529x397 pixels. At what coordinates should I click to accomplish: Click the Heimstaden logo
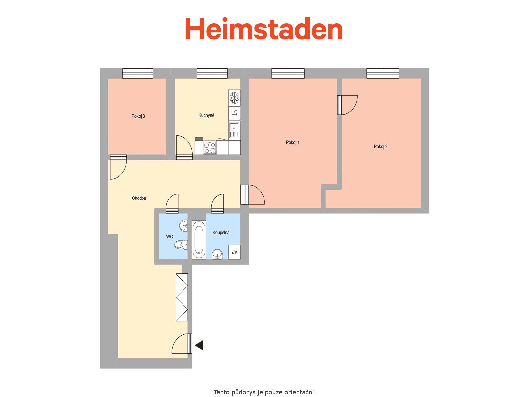click(264, 28)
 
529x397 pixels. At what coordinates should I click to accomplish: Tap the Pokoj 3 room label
click(138, 116)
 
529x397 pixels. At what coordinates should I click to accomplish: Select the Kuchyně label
click(206, 115)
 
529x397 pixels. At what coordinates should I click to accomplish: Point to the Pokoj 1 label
click(292, 142)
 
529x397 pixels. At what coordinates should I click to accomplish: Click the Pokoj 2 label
click(380, 146)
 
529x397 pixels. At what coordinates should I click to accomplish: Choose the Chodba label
click(139, 198)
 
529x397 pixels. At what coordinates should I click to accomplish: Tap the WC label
click(169, 237)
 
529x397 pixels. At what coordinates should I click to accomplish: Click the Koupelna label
click(221, 232)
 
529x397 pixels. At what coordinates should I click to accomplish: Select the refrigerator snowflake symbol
click(234, 98)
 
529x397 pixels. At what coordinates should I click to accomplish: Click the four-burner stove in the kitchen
click(209, 148)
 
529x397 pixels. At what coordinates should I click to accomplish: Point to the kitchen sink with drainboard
click(234, 130)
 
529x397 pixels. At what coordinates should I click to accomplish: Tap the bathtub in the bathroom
click(199, 240)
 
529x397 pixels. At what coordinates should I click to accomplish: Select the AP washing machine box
click(234, 252)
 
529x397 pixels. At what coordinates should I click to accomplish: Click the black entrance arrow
click(199, 345)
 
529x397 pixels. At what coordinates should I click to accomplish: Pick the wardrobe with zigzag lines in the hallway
click(182, 297)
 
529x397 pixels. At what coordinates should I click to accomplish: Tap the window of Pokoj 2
click(383, 73)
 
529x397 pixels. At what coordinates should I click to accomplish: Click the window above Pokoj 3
click(138, 73)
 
